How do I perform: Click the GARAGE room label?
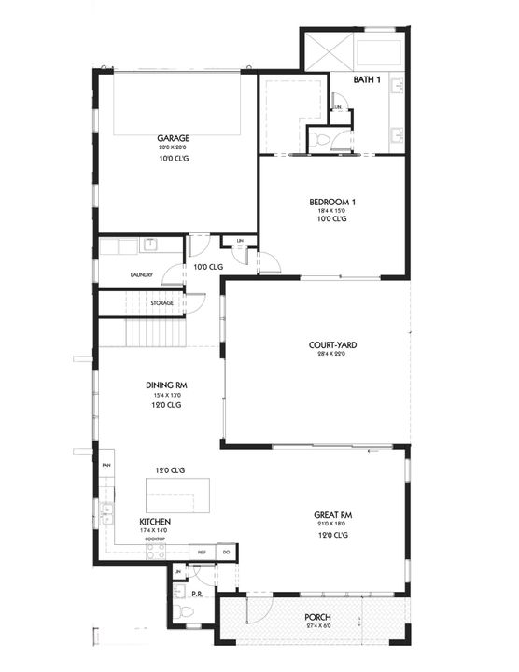tap(174, 138)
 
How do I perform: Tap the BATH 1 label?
tap(367, 80)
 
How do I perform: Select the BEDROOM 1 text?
tap(332, 203)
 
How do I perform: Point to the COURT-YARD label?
tap(333, 345)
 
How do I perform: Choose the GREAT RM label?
tap(332, 514)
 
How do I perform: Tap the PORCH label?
tap(317, 618)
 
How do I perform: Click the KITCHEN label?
tap(155, 521)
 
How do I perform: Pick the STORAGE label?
tap(162, 303)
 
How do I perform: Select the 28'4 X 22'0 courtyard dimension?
tap(333, 356)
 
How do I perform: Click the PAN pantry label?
tap(105, 464)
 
